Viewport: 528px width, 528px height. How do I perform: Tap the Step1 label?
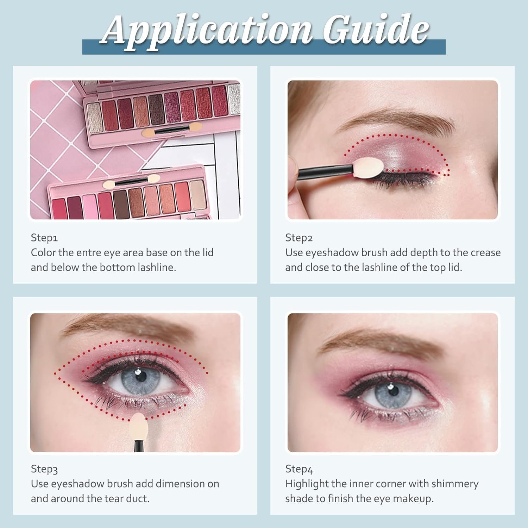click(44, 238)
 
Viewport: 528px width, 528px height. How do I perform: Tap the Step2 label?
click(299, 238)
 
